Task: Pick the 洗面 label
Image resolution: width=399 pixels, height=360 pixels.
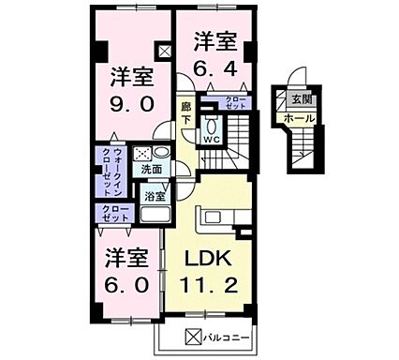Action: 152,170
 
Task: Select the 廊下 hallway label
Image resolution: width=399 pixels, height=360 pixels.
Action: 186,112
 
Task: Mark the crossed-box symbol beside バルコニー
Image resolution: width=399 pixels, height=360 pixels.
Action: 193,337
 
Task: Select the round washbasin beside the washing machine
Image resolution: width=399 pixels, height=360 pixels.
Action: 161,153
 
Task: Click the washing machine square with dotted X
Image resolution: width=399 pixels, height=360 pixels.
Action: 142,154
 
